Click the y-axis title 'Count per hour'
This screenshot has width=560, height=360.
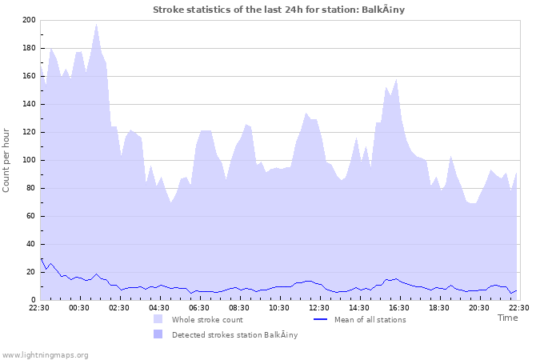(7, 160)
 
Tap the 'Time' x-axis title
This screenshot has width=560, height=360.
(507, 318)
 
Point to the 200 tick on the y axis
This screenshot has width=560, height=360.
(28, 20)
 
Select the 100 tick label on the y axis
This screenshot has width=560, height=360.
(28, 160)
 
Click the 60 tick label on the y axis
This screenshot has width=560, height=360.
(30, 216)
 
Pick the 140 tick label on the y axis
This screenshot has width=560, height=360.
(28, 104)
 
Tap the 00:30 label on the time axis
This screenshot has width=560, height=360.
(79, 307)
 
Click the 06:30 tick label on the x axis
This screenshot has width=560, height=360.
(199, 307)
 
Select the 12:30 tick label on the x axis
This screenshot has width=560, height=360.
(319, 307)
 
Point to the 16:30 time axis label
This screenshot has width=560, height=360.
(399, 307)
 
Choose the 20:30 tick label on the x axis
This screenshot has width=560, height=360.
(479, 307)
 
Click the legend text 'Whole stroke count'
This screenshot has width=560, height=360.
(207, 320)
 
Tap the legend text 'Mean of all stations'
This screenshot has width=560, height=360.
(370, 320)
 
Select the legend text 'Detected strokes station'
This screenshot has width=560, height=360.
(234, 335)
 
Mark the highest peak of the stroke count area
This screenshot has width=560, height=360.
(97, 24)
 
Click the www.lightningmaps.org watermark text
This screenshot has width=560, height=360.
(46, 355)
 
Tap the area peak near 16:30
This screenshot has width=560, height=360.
(396, 80)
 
